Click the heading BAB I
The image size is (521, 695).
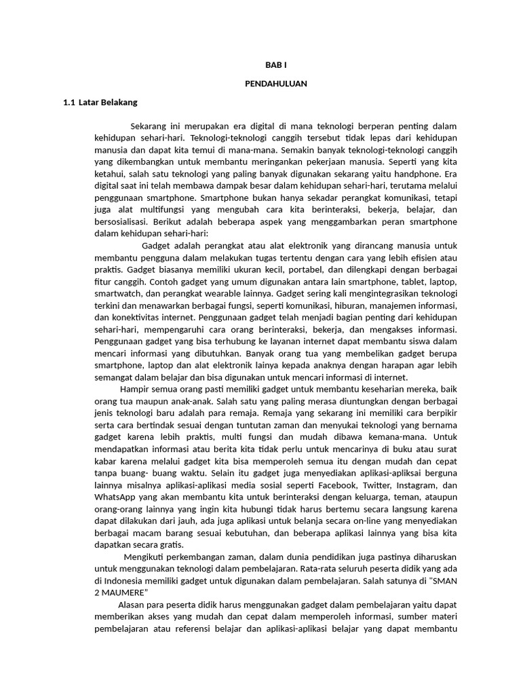pyautogui.click(x=276, y=65)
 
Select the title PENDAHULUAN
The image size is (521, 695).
pyautogui.click(x=276, y=83)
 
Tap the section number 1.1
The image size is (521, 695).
pyautogui.click(x=69, y=102)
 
